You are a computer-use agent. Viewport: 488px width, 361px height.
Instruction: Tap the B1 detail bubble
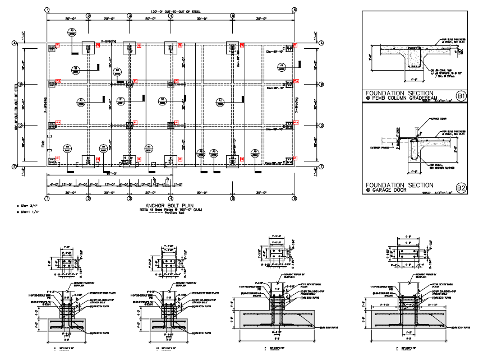point(461,96)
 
